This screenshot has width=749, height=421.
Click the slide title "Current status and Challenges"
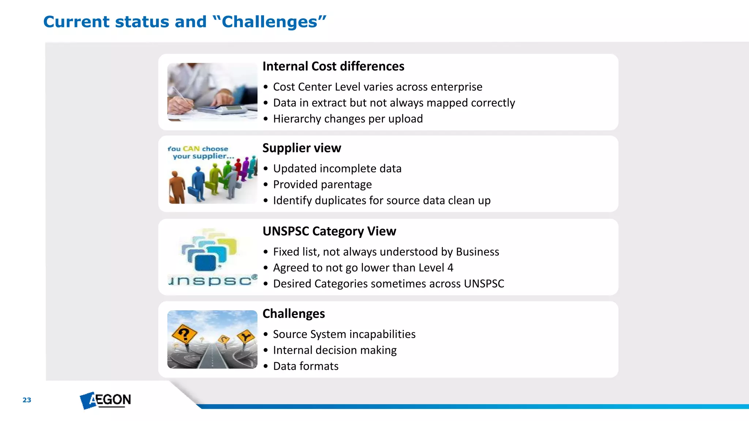tap(185, 22)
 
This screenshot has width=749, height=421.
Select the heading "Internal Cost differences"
tap(333, 67)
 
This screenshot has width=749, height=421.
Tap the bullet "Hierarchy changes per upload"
tap(348, 119)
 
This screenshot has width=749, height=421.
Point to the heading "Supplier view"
tap(302, 148)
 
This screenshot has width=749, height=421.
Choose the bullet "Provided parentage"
tap(322, 185)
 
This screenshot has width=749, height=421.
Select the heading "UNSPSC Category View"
tap(329, 231)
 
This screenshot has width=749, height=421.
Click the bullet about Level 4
tap(363, 268)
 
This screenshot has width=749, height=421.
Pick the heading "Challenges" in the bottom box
tap(294, 314)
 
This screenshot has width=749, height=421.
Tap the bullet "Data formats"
tap(306, 366)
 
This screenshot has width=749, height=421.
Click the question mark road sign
tap(184, 334)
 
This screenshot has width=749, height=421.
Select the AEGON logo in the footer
tap(106, 400)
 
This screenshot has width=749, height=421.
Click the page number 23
tap(27, 400)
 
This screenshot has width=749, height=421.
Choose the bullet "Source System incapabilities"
tap(344, 334)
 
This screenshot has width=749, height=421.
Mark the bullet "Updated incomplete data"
tap(337, 169)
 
